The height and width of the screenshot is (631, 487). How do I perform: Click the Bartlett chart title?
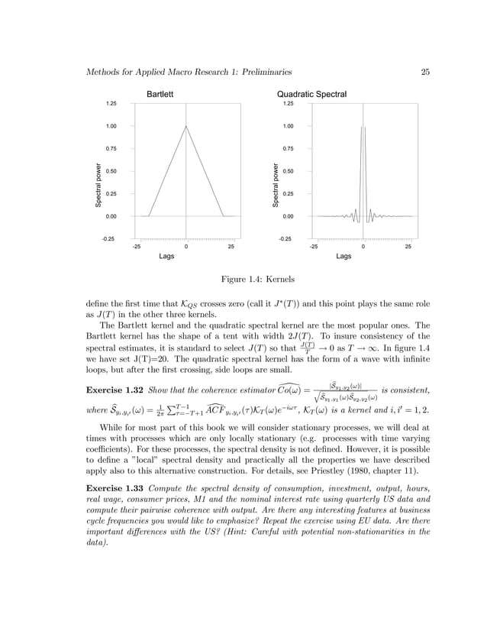coord(163,94)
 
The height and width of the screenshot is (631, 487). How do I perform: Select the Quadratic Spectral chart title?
coord(311,94)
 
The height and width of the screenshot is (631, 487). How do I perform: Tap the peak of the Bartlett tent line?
coord(186,126)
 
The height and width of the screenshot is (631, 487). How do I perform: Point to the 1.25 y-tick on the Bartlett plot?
coord(112,103)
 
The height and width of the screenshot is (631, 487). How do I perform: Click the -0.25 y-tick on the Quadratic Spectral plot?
coord(289,239)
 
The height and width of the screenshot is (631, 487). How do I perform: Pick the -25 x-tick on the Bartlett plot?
coord(137,247)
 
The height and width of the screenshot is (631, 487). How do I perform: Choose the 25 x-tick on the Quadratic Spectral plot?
coord(408,247)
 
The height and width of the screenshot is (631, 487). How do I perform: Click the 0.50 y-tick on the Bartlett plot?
coord(112,171)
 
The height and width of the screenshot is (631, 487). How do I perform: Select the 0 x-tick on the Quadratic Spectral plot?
coord(363,247)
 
